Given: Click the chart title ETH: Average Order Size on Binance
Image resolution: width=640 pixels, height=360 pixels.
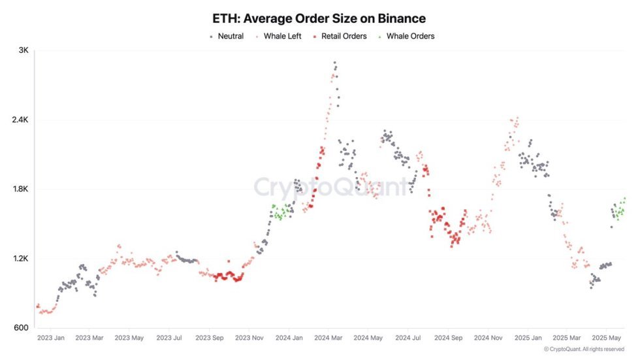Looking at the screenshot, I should pos(319,19).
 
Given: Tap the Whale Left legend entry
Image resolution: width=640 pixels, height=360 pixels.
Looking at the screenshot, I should pos(282,37).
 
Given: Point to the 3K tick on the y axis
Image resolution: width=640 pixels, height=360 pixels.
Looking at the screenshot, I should pos(22,51).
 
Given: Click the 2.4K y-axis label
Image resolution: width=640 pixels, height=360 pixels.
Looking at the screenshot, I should pos(19,120).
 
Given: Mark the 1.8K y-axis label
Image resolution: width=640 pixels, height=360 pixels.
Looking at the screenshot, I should pos(19,189).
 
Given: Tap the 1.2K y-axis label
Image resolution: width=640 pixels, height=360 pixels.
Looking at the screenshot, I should pos(19,259).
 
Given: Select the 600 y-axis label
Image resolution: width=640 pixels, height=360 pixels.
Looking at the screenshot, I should pos(20,328).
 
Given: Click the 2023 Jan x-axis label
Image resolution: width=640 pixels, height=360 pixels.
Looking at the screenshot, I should pos(51,338).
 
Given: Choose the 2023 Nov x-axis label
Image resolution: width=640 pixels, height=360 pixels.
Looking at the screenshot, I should pos(249,338).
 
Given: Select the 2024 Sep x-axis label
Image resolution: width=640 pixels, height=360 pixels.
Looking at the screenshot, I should pos(448,338).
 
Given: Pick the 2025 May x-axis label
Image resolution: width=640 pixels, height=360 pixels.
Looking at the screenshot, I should pos(606,338).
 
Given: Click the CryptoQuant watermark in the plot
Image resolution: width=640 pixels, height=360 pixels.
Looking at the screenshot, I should pos(330,187).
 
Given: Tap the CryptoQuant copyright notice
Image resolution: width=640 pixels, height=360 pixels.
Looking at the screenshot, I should pos(584,350).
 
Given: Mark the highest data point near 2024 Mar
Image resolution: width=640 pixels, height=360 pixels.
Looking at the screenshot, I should pos(335,63).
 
